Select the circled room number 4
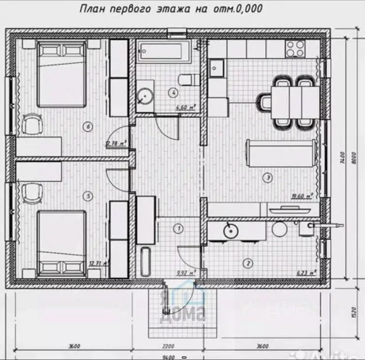174,92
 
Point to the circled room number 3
268,177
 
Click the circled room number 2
249,263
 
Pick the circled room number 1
178,229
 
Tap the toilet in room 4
186,79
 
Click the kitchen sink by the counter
216,69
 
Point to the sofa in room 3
280,153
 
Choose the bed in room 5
61,243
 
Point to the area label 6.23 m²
305,272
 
